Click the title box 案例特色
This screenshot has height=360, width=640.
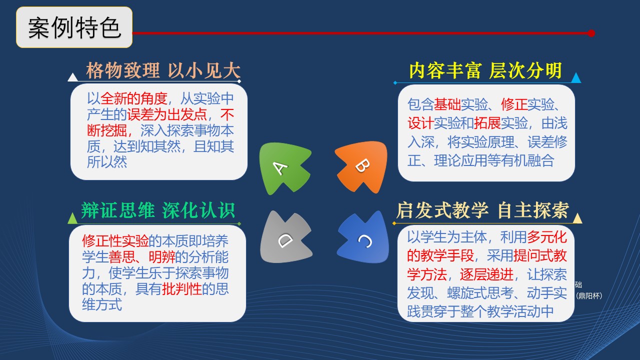point(74,27)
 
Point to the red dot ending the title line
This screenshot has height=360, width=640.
point(591,33)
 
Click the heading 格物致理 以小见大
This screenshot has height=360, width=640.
point(163,70)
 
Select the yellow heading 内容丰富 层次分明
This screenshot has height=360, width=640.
point(485,70)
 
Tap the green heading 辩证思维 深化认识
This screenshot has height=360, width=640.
point(158,210)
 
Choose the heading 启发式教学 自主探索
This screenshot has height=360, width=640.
point(483,210)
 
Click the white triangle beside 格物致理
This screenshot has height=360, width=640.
point(72,77)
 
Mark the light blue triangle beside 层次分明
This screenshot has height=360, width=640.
point(576,77)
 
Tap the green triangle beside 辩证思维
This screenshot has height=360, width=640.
point(72,218)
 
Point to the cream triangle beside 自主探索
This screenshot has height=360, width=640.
point(577,218)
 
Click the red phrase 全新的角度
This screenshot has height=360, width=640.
point(133,98)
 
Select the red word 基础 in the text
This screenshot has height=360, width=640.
point(447,104)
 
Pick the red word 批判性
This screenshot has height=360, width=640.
point(181,289)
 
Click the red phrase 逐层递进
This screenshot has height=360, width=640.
point(486,274)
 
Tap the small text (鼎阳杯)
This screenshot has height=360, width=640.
point(589,295)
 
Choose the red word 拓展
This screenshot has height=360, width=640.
point(487,123)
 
